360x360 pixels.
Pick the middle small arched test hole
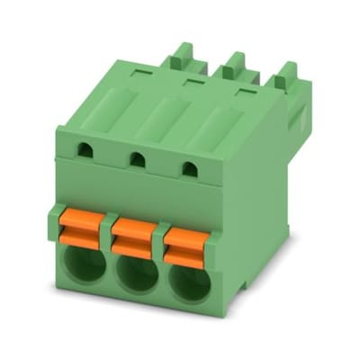coord(137,160)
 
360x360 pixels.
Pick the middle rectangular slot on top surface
coord(191,82)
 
